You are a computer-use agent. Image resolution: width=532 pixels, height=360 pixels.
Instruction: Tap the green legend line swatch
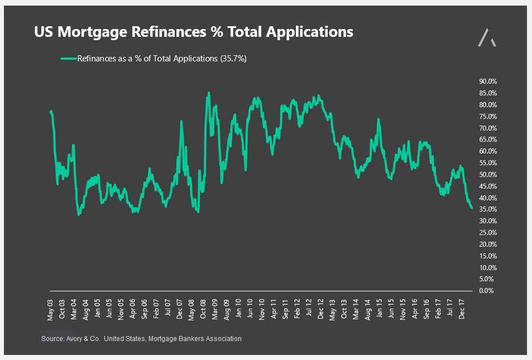click(x=68, y=58)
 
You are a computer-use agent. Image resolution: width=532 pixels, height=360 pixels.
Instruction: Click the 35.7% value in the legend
click(x=235, y=58)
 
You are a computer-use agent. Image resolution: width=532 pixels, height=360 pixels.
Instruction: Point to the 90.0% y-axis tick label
click(x=488, y=81)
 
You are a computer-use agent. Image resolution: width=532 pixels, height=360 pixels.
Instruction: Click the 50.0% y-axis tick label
click(x=488, y=175)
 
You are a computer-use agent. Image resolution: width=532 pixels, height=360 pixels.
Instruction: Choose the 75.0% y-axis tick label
click(x=488, y=116)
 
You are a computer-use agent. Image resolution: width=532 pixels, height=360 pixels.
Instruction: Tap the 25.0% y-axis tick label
click(x=488, y=233)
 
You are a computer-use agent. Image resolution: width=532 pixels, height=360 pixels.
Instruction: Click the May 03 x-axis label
click(x=51, y=309)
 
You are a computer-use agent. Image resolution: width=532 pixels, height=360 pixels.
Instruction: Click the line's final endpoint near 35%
click(x=472, y=208)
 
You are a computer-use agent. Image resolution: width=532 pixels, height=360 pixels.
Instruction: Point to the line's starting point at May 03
click(x=51, y=112)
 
